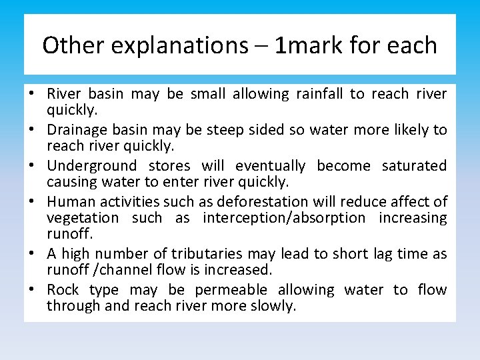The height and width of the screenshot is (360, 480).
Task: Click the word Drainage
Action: point(77,130)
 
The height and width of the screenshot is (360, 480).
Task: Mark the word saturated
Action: point(414,165)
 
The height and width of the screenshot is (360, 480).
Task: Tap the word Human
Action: point(67,201)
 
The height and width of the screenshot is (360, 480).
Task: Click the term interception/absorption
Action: point(284,218)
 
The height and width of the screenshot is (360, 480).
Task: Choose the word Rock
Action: point(63,290)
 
